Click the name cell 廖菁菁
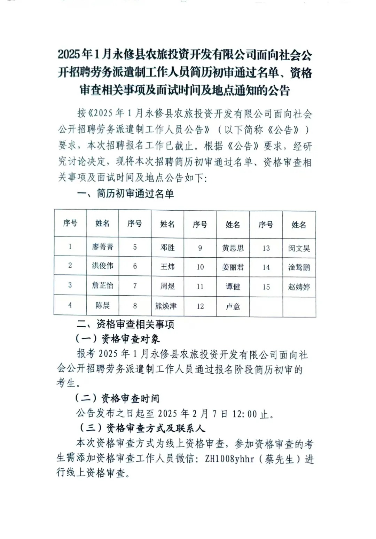click(103, 247)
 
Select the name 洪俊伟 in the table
click(103, 266)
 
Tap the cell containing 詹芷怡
click(103, 286)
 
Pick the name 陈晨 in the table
click(103, 305)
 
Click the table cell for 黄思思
click(233, 248)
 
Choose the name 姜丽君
click(233, 267)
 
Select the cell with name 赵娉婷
click(299, 287)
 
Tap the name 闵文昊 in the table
click(299, 248)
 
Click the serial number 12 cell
click(200, 306)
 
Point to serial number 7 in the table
click(135, 286)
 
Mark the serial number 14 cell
click(266, 267)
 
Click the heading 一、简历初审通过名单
click(125, 194)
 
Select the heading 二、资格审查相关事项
click(125, 325)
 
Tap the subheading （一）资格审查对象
click(117, 339)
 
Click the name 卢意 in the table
click(233, 307)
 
